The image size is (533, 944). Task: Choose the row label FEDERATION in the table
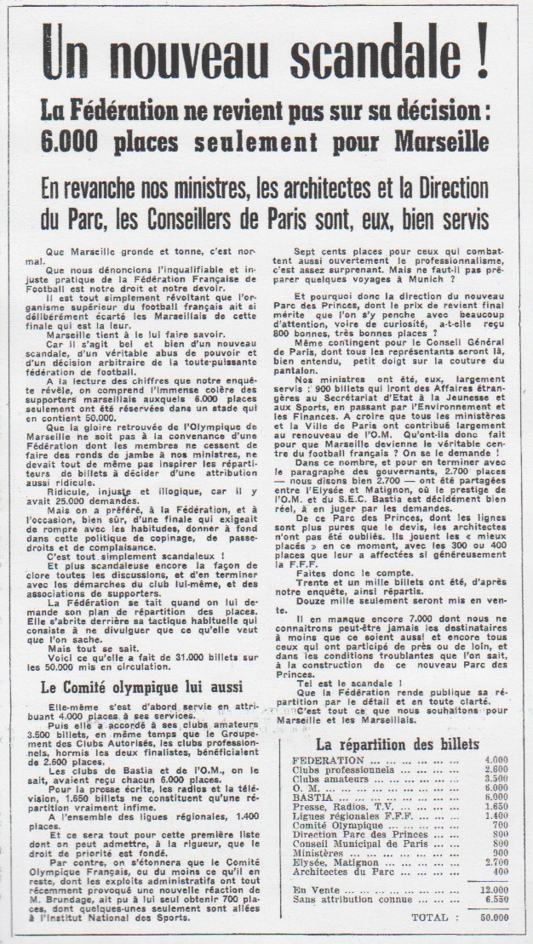click(329, 759)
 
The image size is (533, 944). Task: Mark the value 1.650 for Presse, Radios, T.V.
click(495, 808)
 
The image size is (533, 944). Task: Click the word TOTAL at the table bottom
click(430, 916)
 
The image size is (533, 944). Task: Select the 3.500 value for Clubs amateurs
click(495, 779)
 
